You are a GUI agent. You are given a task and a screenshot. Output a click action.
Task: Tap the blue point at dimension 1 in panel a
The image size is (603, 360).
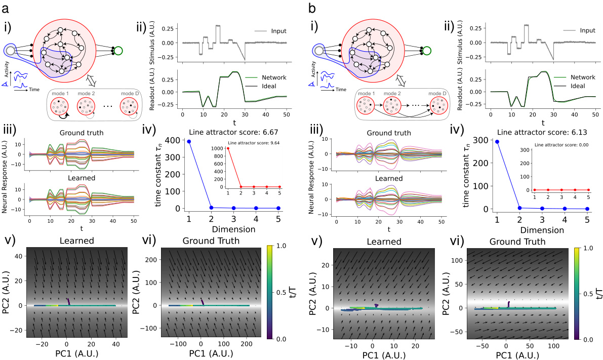click(189, 141)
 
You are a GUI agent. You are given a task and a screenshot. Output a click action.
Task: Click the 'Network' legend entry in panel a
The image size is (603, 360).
click(274, 77)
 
